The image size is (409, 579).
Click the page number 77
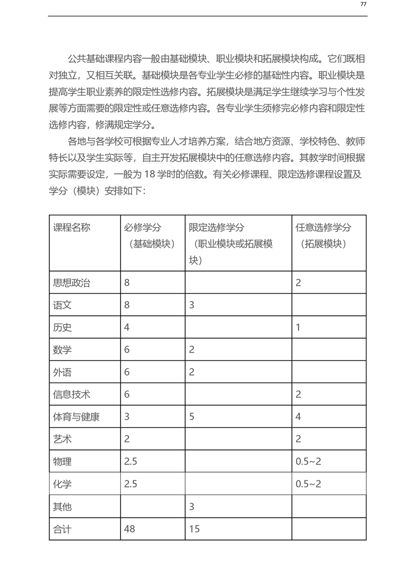tap(363, 4)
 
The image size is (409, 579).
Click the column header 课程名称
tap(72, 228)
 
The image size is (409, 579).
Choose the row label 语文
tap(62, 305)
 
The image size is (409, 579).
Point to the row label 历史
tap(62, 327)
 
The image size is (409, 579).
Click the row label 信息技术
tap(72, 394)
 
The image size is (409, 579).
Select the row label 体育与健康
tap(76, 416)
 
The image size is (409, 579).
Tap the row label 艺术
tap(62, 439)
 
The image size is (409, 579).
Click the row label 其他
tap(62, 506)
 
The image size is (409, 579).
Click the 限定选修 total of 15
tap(194, 528)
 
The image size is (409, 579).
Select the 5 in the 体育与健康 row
tap(191, 416)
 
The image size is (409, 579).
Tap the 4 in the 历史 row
tap(127, 327)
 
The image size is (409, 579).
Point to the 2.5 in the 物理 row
tap(130, 461)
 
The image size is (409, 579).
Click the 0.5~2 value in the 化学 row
tap(308, 484)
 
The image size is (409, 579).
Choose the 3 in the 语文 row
tap(191, 305)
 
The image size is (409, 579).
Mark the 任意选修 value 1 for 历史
tap(298, 327)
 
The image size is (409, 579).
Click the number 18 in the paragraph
tap(150, 174)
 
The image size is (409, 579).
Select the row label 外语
tap(62, 372)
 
